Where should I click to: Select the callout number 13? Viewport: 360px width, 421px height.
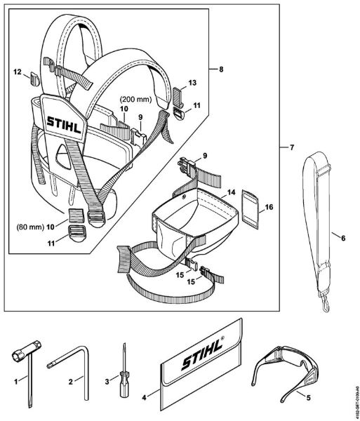coord(192,82)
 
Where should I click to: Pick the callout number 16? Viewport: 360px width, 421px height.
coord(269,208)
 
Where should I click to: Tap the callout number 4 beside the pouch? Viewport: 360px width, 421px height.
coord(146,396)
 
